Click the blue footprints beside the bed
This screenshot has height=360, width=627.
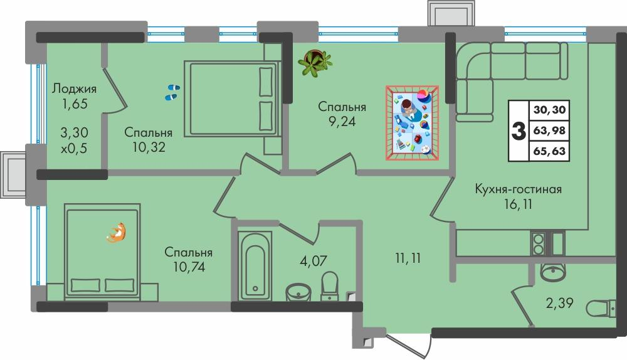tap(172, 93)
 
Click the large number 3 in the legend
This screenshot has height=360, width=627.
tap(519, 130)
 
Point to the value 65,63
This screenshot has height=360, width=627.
tap(550, 151)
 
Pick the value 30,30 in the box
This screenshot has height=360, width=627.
tap(550, 110)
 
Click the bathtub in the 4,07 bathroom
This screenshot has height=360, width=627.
tap(255, 266)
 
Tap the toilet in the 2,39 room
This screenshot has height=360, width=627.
tap(603, 308)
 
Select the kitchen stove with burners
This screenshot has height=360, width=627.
tap(538, 242)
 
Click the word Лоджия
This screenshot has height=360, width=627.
tap(74, 88)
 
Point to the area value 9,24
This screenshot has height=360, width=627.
tap(341, 122)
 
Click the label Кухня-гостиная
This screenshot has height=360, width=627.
tap(517, 189)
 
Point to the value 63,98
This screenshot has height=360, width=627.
tap(550, 130)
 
